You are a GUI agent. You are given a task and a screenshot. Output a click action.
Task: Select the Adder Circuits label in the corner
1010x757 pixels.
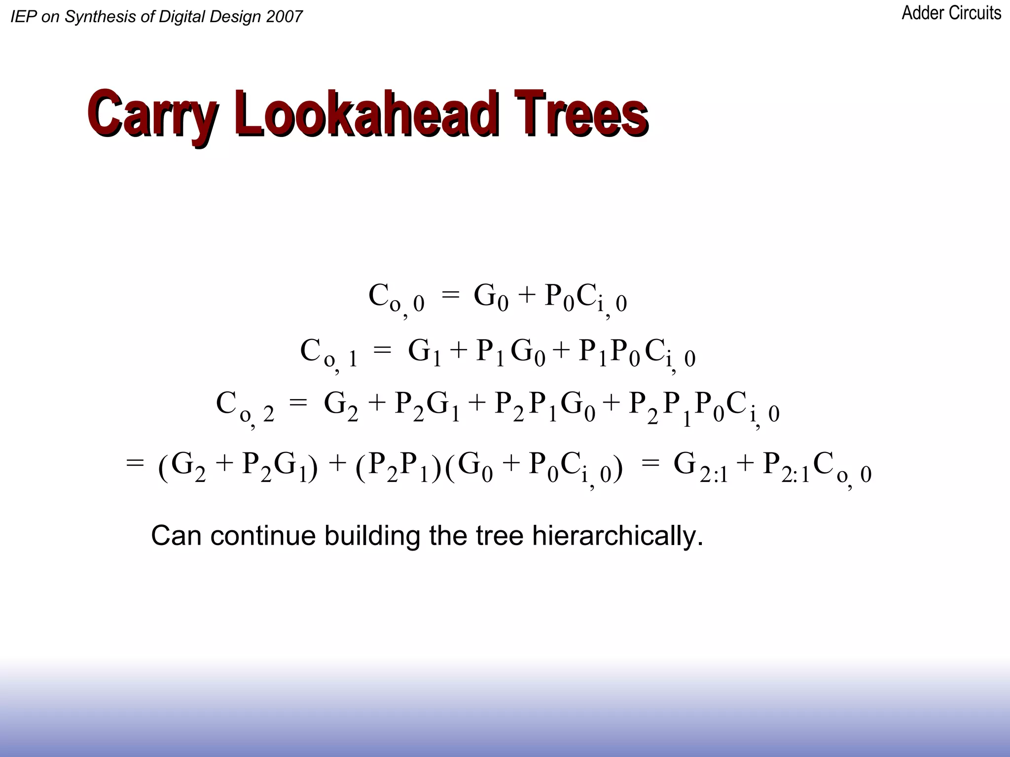[951, 13]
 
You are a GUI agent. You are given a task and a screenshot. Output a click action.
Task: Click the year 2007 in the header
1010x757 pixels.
[284, 17]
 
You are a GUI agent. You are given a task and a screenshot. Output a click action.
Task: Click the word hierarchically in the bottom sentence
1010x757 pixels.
[617, 536]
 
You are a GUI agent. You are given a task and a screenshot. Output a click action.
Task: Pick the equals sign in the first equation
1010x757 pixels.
[450, 295]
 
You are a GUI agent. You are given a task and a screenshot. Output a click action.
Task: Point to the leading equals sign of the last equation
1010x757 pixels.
[135, 463]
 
